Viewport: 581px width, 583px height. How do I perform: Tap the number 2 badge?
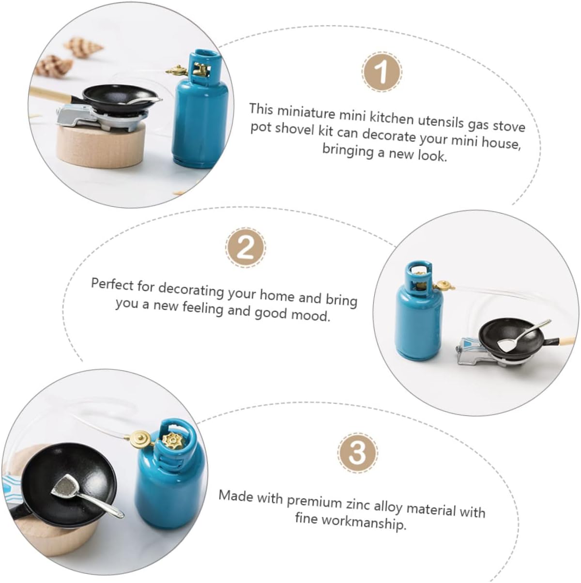click(246, 247)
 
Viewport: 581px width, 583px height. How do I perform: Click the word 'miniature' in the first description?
click(306, 112)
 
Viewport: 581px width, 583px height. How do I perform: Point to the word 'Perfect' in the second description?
click(112, 284)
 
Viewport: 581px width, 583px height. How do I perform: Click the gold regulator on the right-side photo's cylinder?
click(444, 285)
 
